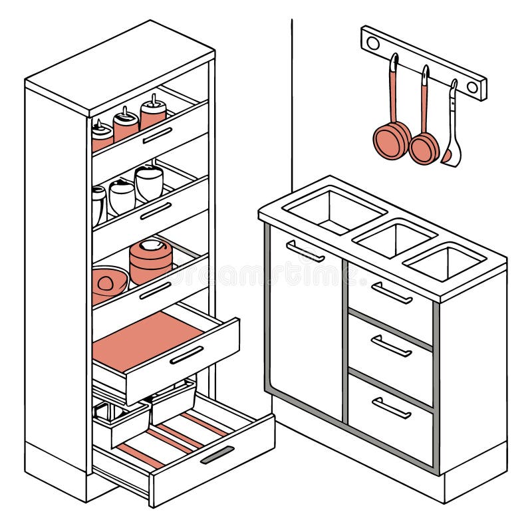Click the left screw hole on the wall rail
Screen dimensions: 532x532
coord(373,43)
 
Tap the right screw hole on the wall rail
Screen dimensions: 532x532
coord(472,86)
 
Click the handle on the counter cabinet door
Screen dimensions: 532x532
coord(305,251)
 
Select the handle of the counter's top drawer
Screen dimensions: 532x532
coord(392,293)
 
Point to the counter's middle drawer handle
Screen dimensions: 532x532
coord(392,346)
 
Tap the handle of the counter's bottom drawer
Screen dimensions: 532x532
coord(392,408)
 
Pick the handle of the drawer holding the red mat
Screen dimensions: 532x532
coord(187,355)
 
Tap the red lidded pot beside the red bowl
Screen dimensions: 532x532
coord(150,261)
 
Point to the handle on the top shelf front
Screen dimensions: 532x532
coord(158,135)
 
